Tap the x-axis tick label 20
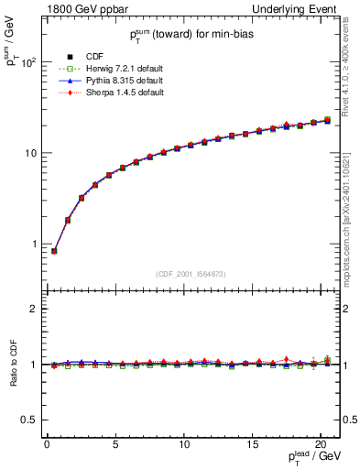(x=320, y=445)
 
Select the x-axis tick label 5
(x=115, y=445)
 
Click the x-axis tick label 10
(x=183, y=445)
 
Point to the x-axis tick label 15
(x=252, y=445)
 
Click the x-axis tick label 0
(x=47, y=445)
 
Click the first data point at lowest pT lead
(x=54, y=251)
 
